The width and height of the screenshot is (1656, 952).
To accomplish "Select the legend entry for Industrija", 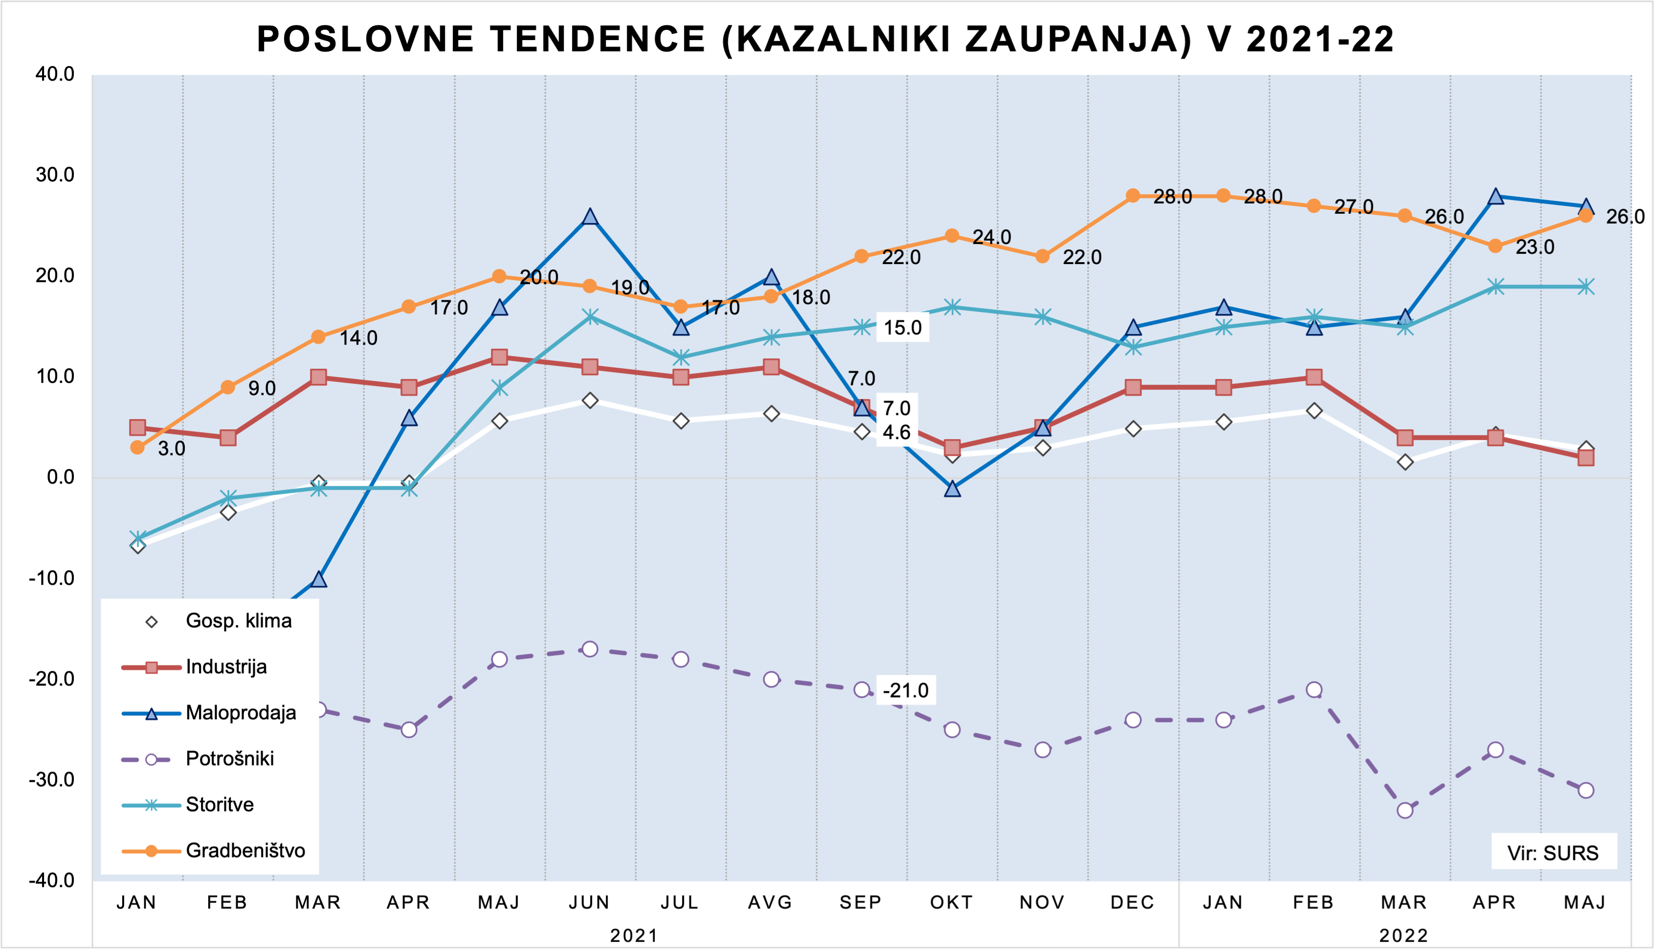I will coord(225,667).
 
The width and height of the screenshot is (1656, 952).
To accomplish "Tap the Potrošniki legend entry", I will coord(229,758).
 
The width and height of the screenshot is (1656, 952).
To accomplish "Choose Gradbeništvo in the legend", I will coord(244,851).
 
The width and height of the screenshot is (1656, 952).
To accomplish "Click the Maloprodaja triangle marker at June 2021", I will coord(590,217).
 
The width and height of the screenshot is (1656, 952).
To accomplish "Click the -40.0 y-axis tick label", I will coord(52,881).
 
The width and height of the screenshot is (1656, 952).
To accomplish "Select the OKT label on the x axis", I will coord(952,903).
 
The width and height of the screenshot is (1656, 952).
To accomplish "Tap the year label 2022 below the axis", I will coord(1404,936).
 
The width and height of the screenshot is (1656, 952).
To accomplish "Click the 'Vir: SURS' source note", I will coord(1553,853).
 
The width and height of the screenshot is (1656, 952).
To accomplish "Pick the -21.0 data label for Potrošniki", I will coord(905,690).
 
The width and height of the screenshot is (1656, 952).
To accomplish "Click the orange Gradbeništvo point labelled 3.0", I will coord(137,447).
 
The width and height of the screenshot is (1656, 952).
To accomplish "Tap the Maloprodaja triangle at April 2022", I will coord(1495,196).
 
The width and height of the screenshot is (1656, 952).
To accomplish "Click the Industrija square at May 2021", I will coord(500,357).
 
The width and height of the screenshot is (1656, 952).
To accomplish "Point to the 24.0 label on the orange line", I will coord(991,237).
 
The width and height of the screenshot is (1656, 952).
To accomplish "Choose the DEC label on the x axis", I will coord(1133,903).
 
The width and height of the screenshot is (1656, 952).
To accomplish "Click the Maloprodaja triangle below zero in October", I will coord(952,488).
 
